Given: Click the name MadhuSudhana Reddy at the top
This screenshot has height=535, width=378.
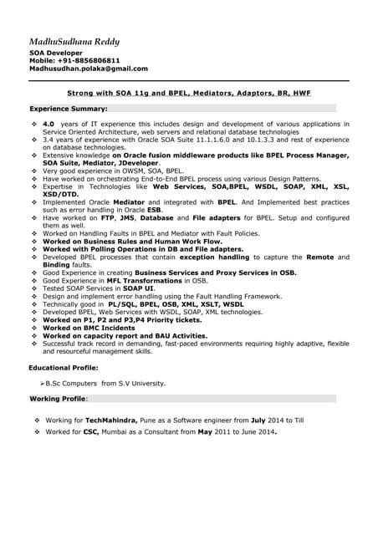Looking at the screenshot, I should click(x=74, y=41).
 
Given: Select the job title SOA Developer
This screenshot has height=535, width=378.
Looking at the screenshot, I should click(x=56, y=53).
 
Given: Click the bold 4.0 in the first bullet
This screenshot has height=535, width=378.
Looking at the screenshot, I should click(x=49, y=124).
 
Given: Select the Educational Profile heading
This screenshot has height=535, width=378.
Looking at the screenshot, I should click(x=64, y=367).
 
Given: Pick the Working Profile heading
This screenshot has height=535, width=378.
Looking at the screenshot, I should click(x=58, y=399).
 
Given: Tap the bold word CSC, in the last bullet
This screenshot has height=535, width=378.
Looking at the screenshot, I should click(x=91, y=432).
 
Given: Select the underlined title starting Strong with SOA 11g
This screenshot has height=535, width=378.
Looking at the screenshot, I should click(x=189, y=94).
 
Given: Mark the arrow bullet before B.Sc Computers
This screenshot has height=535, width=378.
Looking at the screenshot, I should click(x=43, y=383).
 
